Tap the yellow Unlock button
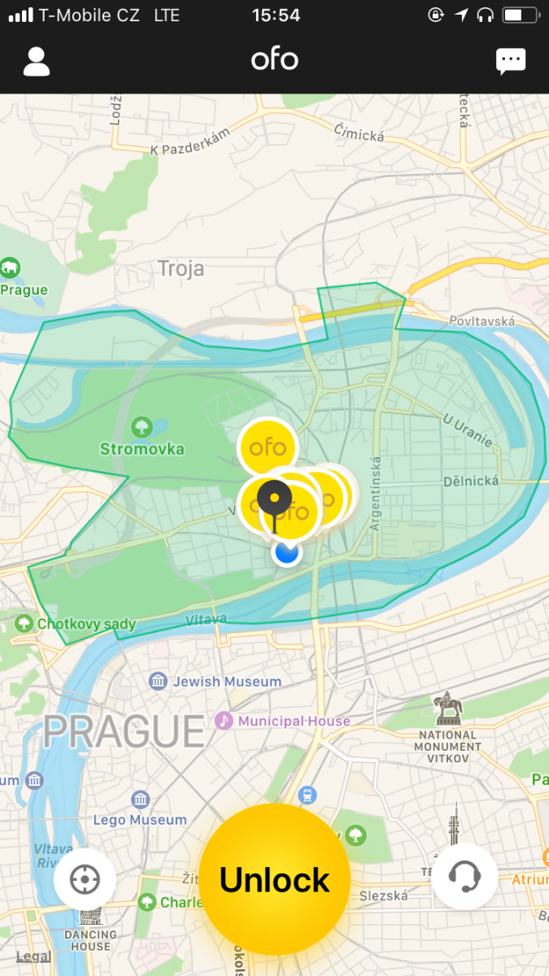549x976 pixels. [275, 880]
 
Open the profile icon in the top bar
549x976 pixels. [37, 61]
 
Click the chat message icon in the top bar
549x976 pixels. [511, 61]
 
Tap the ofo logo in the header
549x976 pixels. [274, 60]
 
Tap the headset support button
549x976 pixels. [464, 876]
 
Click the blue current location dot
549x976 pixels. [286, 552]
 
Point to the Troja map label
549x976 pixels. [181, 268]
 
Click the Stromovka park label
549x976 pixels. [142, 449]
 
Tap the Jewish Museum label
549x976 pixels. [226, 682]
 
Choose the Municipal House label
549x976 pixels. [294, 721]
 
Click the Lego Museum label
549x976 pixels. [140, 820]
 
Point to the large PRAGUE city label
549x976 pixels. [124, 730]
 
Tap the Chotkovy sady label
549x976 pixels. [86, 625]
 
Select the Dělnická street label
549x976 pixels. [471, 481]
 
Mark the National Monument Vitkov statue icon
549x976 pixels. [447, 709]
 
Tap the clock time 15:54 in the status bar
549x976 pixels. [276, 15]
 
